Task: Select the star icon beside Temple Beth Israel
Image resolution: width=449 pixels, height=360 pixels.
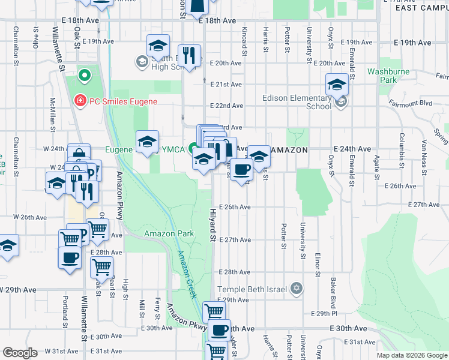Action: (295, 289)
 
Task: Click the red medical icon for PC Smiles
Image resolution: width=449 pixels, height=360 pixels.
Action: (79, 101)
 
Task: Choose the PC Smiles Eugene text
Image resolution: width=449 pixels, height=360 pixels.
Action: (123, 101)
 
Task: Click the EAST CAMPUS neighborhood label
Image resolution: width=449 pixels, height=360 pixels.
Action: (420, 8)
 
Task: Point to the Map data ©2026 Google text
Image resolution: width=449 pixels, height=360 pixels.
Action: (412, 355)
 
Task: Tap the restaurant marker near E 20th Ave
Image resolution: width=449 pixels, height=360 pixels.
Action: (189, 56)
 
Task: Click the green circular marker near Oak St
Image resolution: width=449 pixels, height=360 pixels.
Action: (85, 76)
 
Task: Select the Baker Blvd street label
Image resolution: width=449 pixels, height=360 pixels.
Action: (331, 288)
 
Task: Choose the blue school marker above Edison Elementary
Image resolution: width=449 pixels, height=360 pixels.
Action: (337, 85)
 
